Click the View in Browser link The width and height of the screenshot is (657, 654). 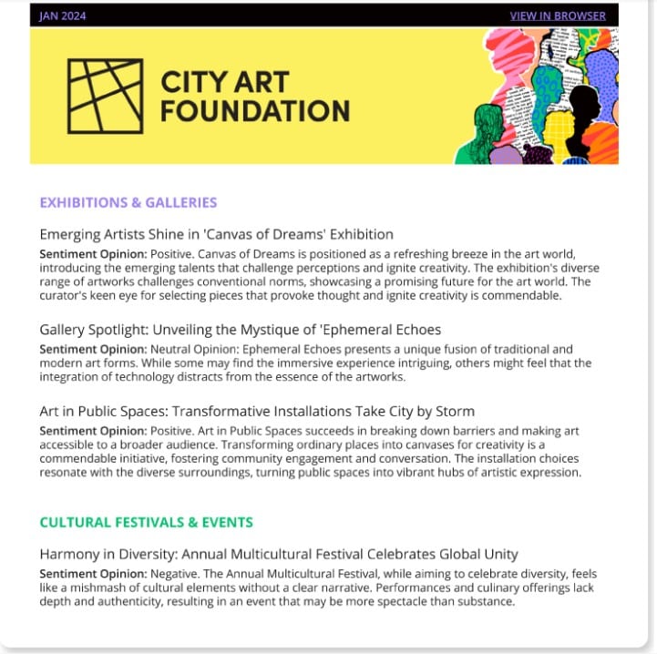click(x=557, y=15)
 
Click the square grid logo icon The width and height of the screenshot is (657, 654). click(x=106, y=96)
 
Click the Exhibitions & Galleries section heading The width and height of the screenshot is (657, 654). click(x=128, y=202)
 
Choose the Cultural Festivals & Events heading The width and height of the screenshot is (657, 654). click(x=146, y=523)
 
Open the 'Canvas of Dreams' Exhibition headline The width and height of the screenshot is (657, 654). click(x=217, y=234)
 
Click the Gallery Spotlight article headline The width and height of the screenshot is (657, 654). click(x=241, y=329)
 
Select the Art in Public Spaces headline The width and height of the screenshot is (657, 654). click(x=257, y=411)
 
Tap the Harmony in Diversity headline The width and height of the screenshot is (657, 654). click(x=279, y=554)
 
